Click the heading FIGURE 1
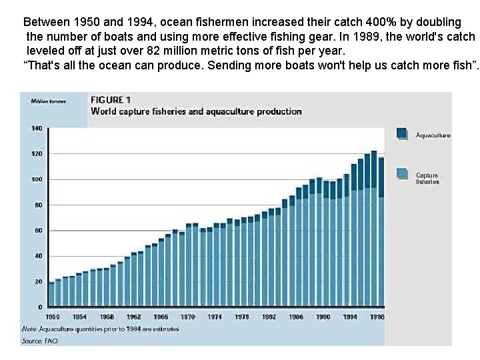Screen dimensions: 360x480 point(111,100)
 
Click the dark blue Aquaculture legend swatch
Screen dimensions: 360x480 point(402,133)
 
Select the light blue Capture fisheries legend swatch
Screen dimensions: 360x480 point(402,173)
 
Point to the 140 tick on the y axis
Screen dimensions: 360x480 point(36,128)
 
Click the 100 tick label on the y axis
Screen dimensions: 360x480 point(36,179)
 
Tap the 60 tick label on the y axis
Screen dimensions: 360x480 point(38,231)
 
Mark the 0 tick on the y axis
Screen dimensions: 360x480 point(40,307)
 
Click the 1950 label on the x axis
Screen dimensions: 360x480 point(52,317)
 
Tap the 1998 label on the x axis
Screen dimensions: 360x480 point(377,317)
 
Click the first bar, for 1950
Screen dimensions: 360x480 point(51,294)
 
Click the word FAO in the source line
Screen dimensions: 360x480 point(51,341)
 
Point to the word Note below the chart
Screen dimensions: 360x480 point(29,329)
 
